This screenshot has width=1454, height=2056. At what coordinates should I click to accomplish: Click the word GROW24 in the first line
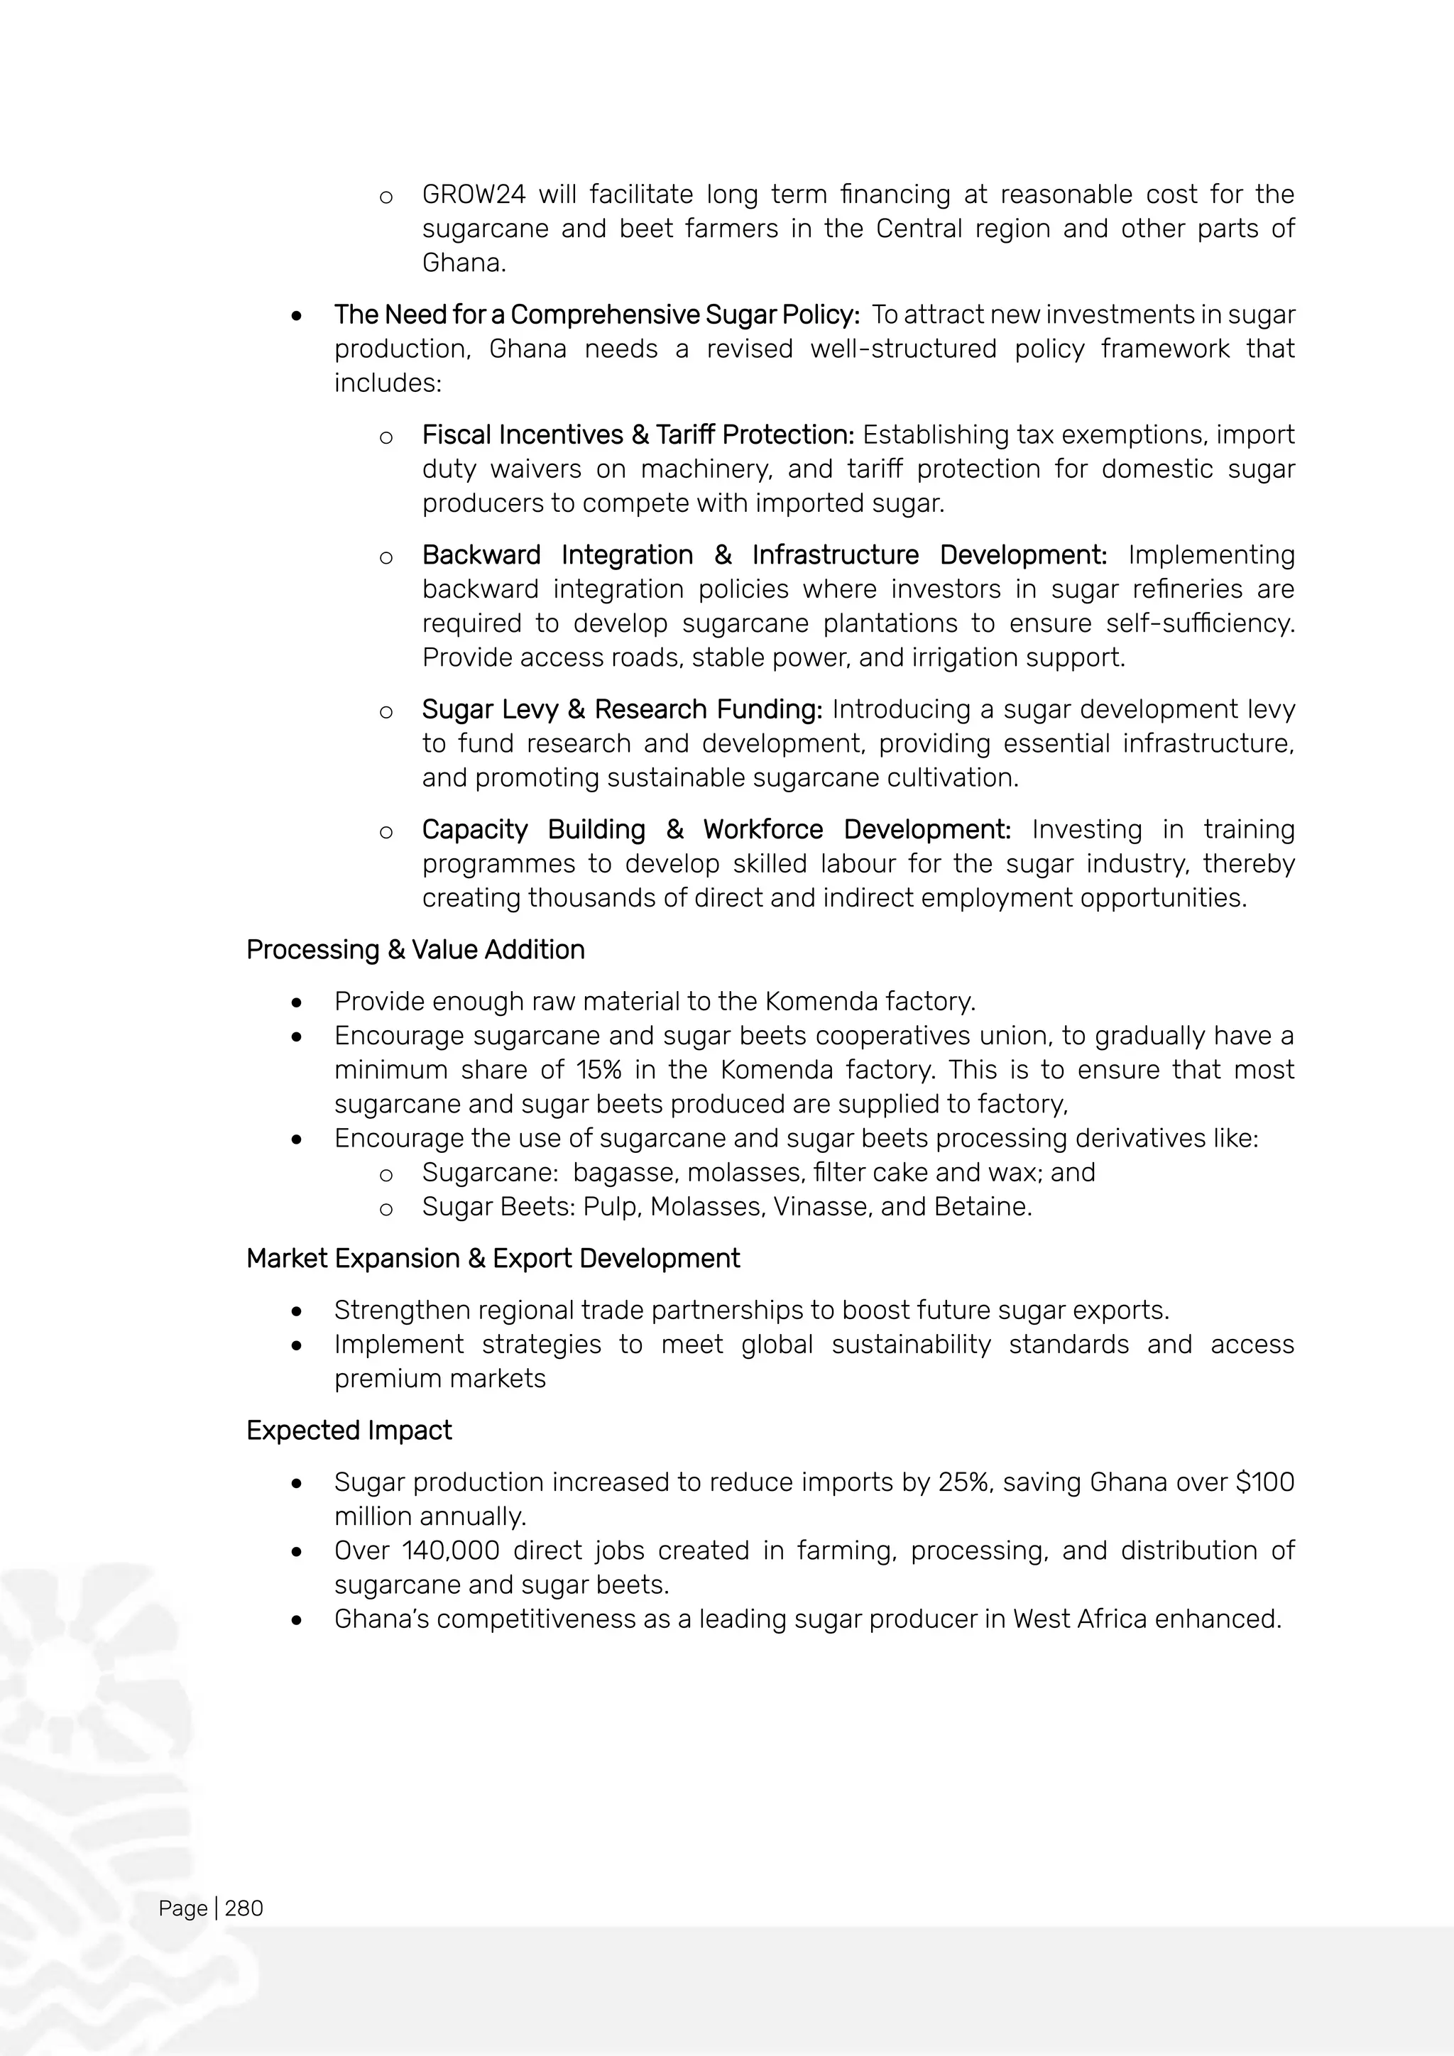click(474, 195)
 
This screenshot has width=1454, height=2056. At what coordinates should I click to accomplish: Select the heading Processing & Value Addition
click(415, 949)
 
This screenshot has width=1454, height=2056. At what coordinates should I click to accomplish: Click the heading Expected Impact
click(349, 1430)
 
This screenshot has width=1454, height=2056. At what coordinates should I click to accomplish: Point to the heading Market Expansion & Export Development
click(493, 1258)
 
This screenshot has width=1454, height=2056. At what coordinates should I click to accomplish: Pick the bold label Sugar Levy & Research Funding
click(621, 709)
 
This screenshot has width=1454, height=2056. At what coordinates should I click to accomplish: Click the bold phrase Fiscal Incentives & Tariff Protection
click(638, 435)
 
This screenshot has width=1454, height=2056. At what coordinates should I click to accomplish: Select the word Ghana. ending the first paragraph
click(464, 263)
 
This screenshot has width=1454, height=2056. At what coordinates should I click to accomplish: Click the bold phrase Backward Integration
click(557, 555)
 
